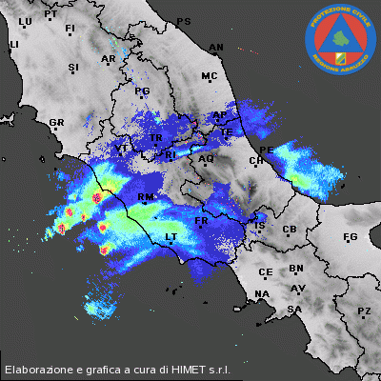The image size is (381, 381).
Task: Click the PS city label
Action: pos(184,21)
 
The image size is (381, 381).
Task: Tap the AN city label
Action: pos(216,47)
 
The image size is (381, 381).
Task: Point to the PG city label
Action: pos(144,91)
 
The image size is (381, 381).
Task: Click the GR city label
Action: pos(56,123)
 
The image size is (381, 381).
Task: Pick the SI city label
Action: pos(73,68)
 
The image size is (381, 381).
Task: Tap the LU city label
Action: pos(26,21)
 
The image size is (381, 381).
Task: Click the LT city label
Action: pos(171,236)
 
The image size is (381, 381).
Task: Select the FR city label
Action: pos(201,221)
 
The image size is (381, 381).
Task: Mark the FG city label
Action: pos(350,236)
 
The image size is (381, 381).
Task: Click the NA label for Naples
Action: pos(262,294)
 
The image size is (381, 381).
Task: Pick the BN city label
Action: pos(296,270)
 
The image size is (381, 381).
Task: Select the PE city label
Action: pos(267,150)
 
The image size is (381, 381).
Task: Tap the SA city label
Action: pos(294,310)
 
